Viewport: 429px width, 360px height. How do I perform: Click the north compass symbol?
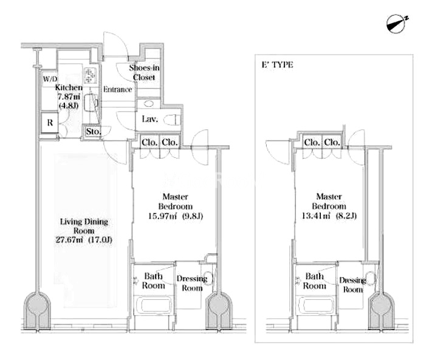pyautogui.click(x=396, y=24)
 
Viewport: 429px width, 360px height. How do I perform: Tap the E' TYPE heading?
pyautogui.click(x=278, y=65)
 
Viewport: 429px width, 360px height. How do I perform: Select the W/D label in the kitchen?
pyautogui.click(x=50, y=79)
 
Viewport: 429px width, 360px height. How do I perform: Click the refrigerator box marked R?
pyautogui.click(x=49, y=123)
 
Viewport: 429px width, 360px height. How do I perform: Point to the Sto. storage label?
pyautogui.click(x=94, y=132)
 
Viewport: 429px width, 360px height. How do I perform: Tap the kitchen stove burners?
pyautogui.click(x=90, y=75)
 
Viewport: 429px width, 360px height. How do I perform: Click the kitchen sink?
pyautogui.click(x=91, y=103)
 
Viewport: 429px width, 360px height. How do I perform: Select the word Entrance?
pyautogui.click(x=118, y=89)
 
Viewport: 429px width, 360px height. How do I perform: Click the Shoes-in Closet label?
pyautogui.click(x=144, y=72)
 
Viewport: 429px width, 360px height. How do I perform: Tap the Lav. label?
pyautogui.click(x=150, y=119)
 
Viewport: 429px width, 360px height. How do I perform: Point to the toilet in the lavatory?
pyautogui.click(x=172, y=120)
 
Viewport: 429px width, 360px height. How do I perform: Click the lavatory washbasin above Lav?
pyautogui.click(x=148, y=104)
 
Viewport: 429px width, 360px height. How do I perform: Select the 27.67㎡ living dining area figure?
pyautogui.click(x=69, y=240)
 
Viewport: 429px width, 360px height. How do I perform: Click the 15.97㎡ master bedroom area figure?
pyautogui.click(x=162, y=216)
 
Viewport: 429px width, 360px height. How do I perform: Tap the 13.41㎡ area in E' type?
pyautogui.click(x=316, y=216)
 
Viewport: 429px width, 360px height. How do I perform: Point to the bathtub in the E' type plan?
pyautogui.click(x=315, y=305)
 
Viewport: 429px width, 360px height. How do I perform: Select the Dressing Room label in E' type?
pyautogui.click(x=353, y=285)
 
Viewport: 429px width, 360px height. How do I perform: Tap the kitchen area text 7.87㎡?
pyautogui.click(x=69, y=97)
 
